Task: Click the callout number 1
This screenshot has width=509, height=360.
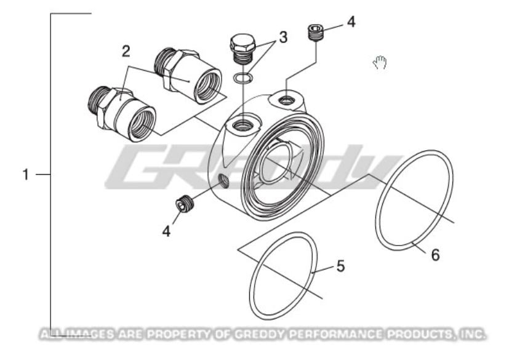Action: (x=26, y=175)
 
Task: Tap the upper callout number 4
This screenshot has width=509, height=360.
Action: (x=351, y=22)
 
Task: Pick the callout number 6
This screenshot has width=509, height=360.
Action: (x=435, y=255)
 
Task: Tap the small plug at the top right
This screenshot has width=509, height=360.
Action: (x=316, y=32)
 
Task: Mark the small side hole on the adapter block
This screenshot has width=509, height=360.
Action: (x=223, y=180)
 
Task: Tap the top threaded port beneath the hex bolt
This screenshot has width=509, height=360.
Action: (x=241, y=126)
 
